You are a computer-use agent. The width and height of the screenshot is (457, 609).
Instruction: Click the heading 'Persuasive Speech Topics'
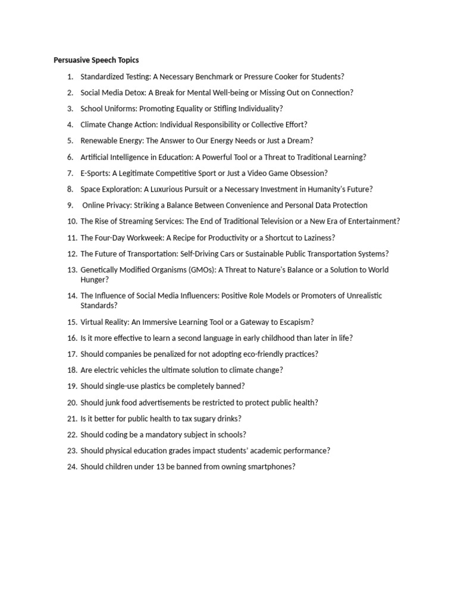click(96, 60)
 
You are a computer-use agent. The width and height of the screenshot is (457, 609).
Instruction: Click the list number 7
click(70, 173)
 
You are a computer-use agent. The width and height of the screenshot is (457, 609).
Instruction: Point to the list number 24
click(72, 467)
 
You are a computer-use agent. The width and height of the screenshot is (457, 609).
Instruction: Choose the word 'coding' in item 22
click(115, 435)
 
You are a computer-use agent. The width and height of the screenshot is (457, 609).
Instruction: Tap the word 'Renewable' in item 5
click(99, 141)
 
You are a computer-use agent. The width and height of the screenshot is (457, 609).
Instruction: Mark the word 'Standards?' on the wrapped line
click(99, 306)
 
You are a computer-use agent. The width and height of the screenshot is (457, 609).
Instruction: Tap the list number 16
click(72, 338)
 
